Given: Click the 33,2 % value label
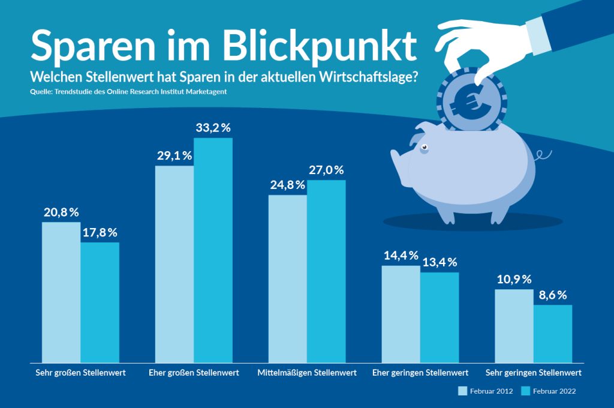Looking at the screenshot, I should (213, 128).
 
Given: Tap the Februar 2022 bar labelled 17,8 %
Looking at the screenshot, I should (100, 302).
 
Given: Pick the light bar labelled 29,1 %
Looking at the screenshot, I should (174, 264).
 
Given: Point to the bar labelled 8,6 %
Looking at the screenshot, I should (553, 334).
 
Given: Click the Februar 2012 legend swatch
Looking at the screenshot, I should (463, 391).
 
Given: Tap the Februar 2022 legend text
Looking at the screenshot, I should (555, 391).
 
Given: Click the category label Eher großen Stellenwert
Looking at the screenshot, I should (194, 373).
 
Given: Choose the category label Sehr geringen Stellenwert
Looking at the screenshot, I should (533, 373).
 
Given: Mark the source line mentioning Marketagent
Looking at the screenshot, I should (129, 92).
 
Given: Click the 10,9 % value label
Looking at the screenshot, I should (514, 280).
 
